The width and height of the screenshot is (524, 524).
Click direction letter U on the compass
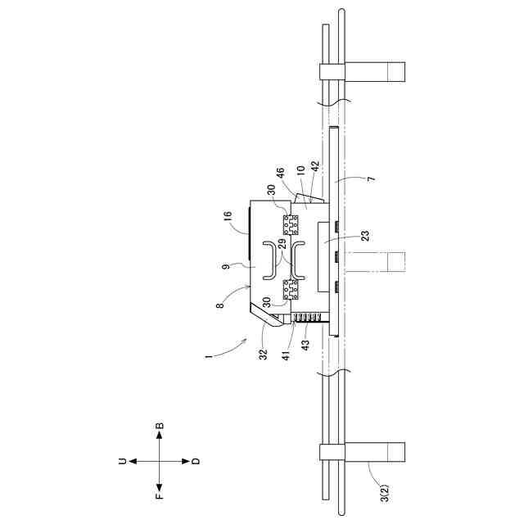(x=121, y=462)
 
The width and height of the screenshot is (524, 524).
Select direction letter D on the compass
(x=196, y=462)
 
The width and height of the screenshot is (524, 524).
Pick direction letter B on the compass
(x=159, y=426)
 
